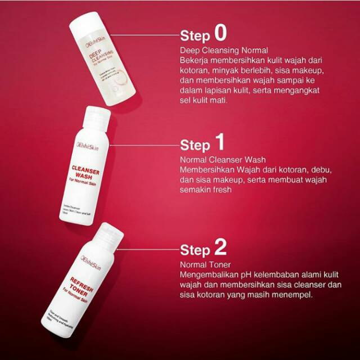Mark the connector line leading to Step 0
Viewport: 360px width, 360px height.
(151, 33)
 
